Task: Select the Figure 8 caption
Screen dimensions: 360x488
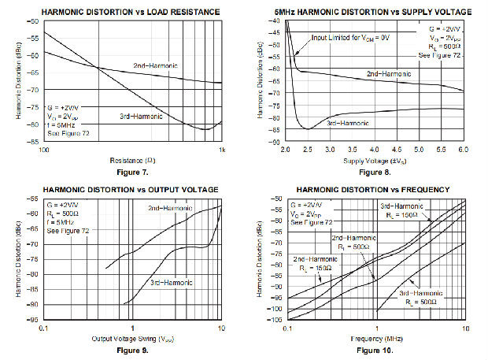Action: tap(375, 172)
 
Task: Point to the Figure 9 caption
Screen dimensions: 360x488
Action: tap(133, 347)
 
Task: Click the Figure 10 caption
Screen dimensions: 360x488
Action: tap(375, 348)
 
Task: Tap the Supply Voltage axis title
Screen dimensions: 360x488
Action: tap(375, 161)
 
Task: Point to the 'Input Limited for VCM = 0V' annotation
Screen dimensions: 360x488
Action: tap(350, 37)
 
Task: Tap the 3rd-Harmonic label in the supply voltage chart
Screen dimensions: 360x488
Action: tap(347, 124)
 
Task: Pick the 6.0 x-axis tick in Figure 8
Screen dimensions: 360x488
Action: tap(463, 150)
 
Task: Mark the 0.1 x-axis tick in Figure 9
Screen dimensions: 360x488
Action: tap(46, 328)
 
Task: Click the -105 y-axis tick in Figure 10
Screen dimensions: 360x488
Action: tap(276, 320)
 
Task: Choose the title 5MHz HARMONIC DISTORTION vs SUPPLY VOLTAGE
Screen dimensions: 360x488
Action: tap(375, 12)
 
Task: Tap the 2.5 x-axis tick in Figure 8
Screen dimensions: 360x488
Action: tap(307, 150)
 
